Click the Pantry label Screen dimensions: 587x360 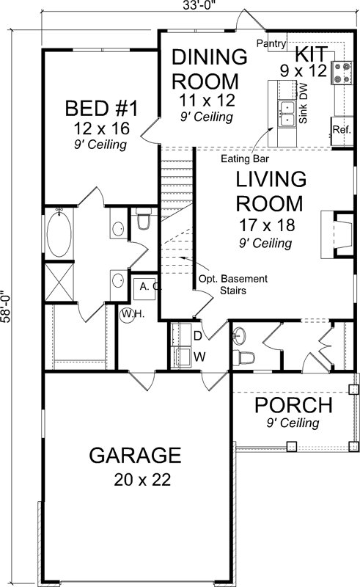pyautogui.click(x=271, y=44)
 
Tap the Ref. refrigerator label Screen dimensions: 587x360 pyautogui.click(x=341, y=129)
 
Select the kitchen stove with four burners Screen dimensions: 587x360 pyautogui.click(x=341, y=72)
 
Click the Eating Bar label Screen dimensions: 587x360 pyautogui.click(x=244, y=157)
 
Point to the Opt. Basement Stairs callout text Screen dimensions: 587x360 pyautogui.click(x=233, y=285)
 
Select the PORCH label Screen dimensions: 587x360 pyautogui.click(x=293, y=405)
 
